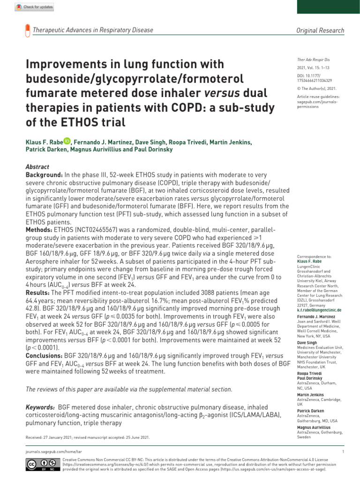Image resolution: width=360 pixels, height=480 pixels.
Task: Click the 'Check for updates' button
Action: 34,7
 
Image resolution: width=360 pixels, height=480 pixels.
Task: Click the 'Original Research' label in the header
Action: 320,30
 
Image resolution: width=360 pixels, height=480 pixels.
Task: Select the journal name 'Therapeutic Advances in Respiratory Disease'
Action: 93,30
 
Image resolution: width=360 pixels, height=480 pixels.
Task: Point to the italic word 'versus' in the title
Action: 222,93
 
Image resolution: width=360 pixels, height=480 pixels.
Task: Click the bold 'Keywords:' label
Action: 41,408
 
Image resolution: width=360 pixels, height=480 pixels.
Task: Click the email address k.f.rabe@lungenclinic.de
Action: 319,310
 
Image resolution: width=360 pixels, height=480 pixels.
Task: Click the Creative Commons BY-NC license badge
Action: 38,464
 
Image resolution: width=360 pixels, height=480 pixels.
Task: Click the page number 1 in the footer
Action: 343,451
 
